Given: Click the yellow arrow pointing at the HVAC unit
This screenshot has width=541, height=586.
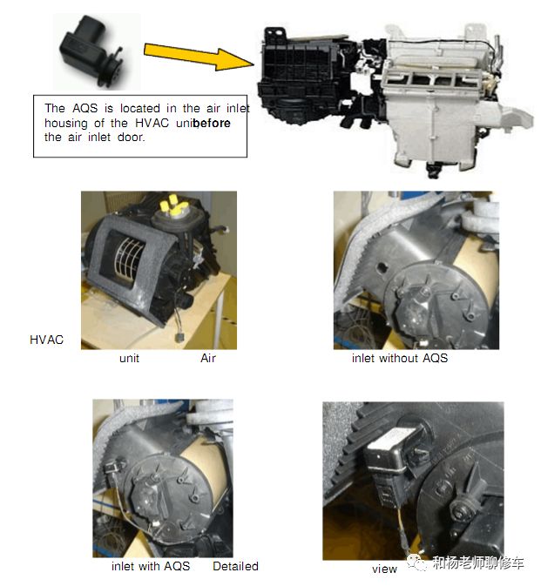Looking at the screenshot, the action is pos(198,57).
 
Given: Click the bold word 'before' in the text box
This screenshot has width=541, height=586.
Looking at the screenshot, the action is pos(212,123).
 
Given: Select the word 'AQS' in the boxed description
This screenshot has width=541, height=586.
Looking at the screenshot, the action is pos(85,108).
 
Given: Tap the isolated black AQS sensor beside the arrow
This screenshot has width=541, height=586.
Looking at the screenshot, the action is pos(92,51).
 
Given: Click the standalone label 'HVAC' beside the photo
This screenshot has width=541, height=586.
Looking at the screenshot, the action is pos(46,340).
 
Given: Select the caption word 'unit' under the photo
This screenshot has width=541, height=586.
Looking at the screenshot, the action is pos(129,359).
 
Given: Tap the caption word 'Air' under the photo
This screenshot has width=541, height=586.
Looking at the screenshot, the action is pos(208,358).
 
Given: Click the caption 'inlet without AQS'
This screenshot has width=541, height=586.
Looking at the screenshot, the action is pos(399,358).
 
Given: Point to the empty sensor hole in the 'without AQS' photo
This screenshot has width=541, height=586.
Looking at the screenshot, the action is pos(382,267).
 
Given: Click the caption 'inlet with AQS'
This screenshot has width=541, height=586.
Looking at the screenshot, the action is pos(151,566).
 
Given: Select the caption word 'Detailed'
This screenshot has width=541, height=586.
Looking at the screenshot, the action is pos(235,566).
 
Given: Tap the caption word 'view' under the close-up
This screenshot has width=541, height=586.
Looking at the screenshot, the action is pos(384,569).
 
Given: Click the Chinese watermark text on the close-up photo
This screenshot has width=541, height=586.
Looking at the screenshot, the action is pos(477,562).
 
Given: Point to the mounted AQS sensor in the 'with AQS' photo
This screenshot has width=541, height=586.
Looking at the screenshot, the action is pos(112,468).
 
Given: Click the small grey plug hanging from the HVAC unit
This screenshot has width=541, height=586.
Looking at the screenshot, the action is pos(180,337).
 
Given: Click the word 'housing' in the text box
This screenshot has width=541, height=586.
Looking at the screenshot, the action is pos(66,124).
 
